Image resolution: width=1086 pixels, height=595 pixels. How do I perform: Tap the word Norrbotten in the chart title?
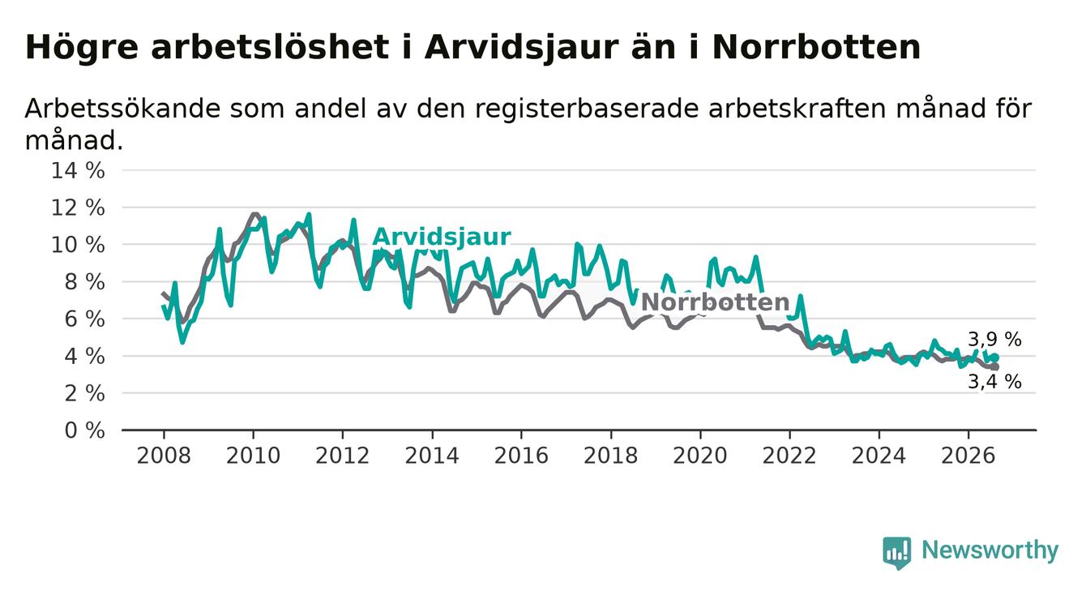coord(816,48)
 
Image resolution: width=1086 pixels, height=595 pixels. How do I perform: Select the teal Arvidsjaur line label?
coord(441,238)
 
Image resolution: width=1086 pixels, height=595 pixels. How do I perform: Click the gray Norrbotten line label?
coord(715,302)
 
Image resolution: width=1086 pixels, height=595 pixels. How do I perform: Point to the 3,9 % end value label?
coord(994,340)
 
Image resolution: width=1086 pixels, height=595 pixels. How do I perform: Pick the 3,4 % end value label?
coord(994,382)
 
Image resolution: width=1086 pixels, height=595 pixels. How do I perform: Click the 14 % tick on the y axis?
coord(78,171)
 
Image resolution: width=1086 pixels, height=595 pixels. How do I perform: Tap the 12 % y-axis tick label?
coord(78,208)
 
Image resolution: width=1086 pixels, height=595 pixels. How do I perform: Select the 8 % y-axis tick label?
coord(84,282)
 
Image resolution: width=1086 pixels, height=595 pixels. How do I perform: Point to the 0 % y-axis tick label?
coord(84,430)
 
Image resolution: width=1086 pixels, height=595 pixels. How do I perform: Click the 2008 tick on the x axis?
coord(164,456)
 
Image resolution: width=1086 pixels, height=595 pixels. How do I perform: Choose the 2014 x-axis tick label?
coord(432,456)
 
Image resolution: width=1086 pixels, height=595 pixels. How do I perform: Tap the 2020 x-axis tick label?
coord(700,456)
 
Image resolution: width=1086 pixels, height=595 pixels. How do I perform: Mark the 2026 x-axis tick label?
coord(968,456)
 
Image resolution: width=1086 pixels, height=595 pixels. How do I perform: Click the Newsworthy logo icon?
coord(897,552)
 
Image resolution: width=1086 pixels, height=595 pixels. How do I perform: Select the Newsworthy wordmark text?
coord(990,550)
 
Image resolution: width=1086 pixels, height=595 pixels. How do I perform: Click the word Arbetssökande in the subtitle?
coord(123,109)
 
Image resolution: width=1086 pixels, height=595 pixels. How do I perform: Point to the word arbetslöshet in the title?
coord(270,48)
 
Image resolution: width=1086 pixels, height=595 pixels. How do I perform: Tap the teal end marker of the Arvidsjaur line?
coord(995,357)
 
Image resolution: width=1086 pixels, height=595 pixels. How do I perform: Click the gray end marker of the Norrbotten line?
coord(995,366)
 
